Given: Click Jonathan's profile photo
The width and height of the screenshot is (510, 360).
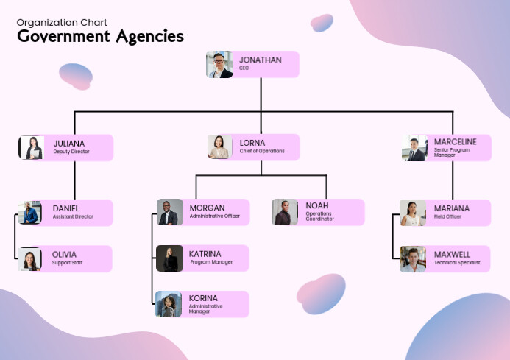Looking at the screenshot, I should click(219, 65).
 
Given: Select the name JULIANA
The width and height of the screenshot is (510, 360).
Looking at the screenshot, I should click(68, 143).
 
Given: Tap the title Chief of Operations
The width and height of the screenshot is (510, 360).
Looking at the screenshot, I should click(262, 152).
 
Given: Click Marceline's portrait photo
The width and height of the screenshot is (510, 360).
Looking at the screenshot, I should click(414, 147).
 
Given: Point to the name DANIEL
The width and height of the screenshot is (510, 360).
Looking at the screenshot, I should click(65, 208).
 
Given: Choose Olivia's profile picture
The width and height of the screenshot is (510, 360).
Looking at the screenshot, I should click(30, 259).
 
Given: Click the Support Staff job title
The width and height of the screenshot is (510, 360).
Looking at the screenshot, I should click(67, 263).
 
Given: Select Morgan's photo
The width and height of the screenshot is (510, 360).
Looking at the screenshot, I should click(169, 212).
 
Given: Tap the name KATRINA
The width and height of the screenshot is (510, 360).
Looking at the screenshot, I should click(205, 253).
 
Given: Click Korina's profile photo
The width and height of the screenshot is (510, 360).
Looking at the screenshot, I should click(169, 304).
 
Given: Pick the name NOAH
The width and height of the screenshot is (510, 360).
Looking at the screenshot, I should click(317, 205).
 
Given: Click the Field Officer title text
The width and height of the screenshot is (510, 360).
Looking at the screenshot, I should click(447, 216).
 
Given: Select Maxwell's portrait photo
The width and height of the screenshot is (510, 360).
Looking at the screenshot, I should click(413, 259).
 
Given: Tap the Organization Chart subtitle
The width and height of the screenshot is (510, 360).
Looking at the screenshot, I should click(63, 22).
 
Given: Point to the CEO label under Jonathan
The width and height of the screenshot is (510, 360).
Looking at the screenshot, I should click(244, 68).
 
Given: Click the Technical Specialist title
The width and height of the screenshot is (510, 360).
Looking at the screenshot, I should click(457, 263).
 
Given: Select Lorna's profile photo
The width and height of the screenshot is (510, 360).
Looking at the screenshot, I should click(219, 147).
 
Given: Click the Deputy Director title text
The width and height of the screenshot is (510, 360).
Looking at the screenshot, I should click(71, 152).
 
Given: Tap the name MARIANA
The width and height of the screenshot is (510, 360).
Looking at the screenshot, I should click(451, 208).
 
